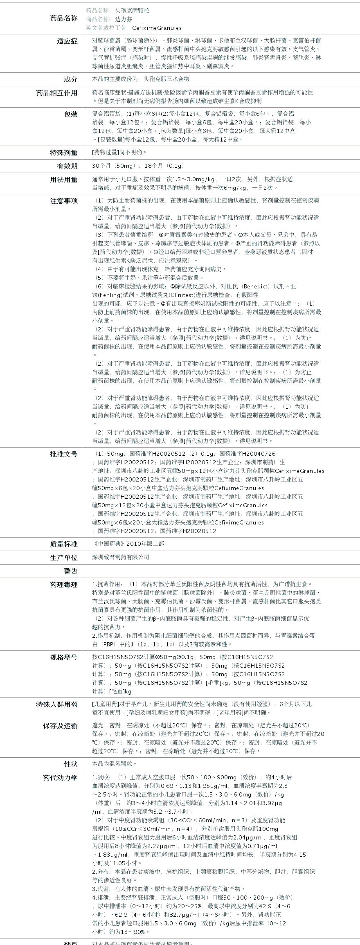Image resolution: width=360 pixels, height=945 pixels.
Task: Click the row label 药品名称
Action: coord(63,18)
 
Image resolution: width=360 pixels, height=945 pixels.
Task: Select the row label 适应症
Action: coord(67,41)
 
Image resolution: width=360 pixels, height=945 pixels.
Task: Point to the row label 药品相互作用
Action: coord(56,93)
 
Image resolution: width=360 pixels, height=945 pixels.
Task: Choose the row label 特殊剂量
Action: coord(63,153)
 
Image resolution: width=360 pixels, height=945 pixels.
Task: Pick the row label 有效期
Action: coord(67,166)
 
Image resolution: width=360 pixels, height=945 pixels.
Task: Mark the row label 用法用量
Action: coord(63,179)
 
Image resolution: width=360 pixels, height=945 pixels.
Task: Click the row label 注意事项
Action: coord(63,200)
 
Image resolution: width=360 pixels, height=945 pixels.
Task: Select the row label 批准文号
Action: coord(63,454)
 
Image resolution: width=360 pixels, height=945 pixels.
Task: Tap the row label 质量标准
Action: coord(63,544)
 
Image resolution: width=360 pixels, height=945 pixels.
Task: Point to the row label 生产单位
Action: coord(63,557)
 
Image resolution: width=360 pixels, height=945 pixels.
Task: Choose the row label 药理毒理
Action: coord(63,585)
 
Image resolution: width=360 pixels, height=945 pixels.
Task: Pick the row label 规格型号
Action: coord(63,657)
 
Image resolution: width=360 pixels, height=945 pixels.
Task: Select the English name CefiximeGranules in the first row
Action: coord(157,28)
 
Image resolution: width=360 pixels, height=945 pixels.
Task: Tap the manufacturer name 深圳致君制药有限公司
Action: coord(121,557)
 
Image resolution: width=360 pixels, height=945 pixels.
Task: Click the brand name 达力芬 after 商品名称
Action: coord(124,19)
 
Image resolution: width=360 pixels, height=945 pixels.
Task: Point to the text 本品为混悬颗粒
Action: coord(114,764)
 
